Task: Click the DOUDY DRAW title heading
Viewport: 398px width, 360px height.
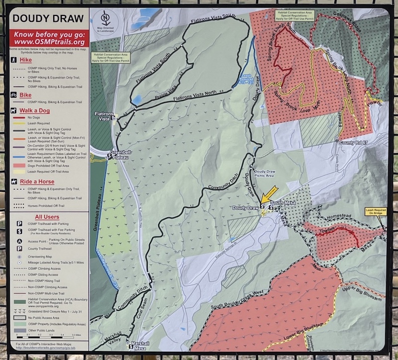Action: [47, 19]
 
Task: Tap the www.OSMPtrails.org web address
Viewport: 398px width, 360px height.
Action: [49, 42]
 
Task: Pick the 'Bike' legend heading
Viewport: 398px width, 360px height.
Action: [25, 94]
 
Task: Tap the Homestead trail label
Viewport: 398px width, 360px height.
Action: [342, 217]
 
